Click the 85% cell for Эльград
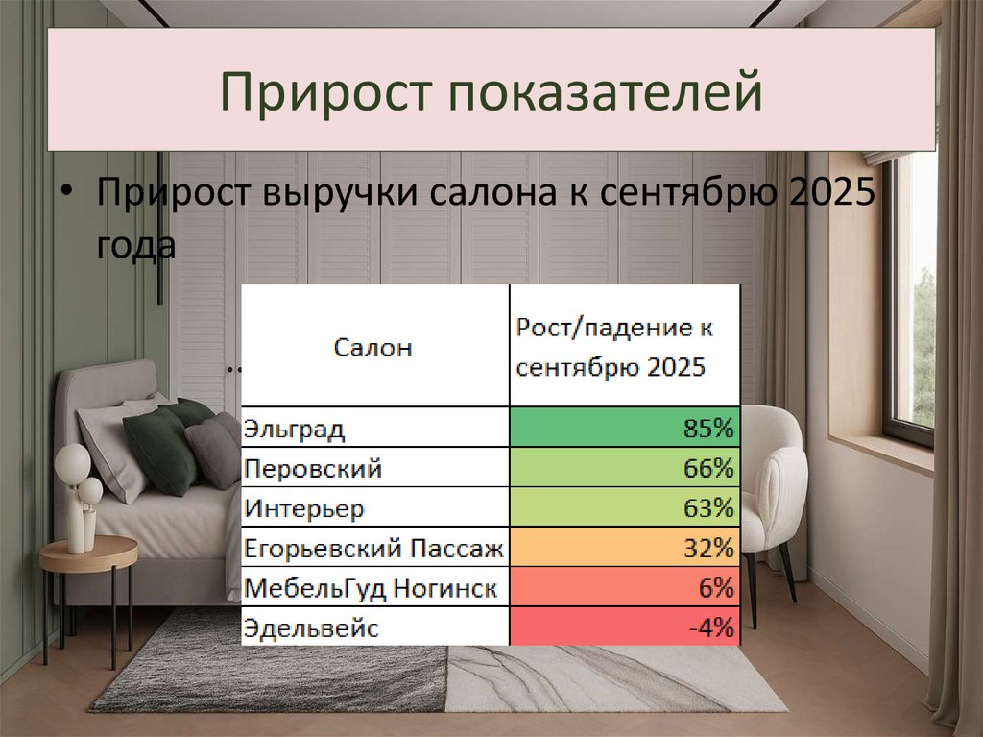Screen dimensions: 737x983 click(x=624, y=428)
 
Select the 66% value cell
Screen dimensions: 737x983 click(x=624, y=468)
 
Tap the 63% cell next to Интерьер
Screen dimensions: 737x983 click(x=624, y=507)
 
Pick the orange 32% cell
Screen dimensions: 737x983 click(x=624, y=548)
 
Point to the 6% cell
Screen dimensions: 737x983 click(x=624, y=587)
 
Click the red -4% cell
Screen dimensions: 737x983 click(x=624, y=627)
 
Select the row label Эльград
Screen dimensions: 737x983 click(x=293, y=428)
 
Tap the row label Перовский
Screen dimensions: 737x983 click(x=313, y=468)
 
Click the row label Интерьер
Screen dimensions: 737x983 click(x=304, y=507)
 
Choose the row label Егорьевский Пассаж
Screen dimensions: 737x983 click(x=373, y=548)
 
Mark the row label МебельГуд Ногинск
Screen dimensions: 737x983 click(x=370, y=587)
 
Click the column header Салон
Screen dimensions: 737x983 click(x=373, y=347)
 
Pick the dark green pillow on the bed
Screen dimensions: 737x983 click(x=160, y=450)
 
